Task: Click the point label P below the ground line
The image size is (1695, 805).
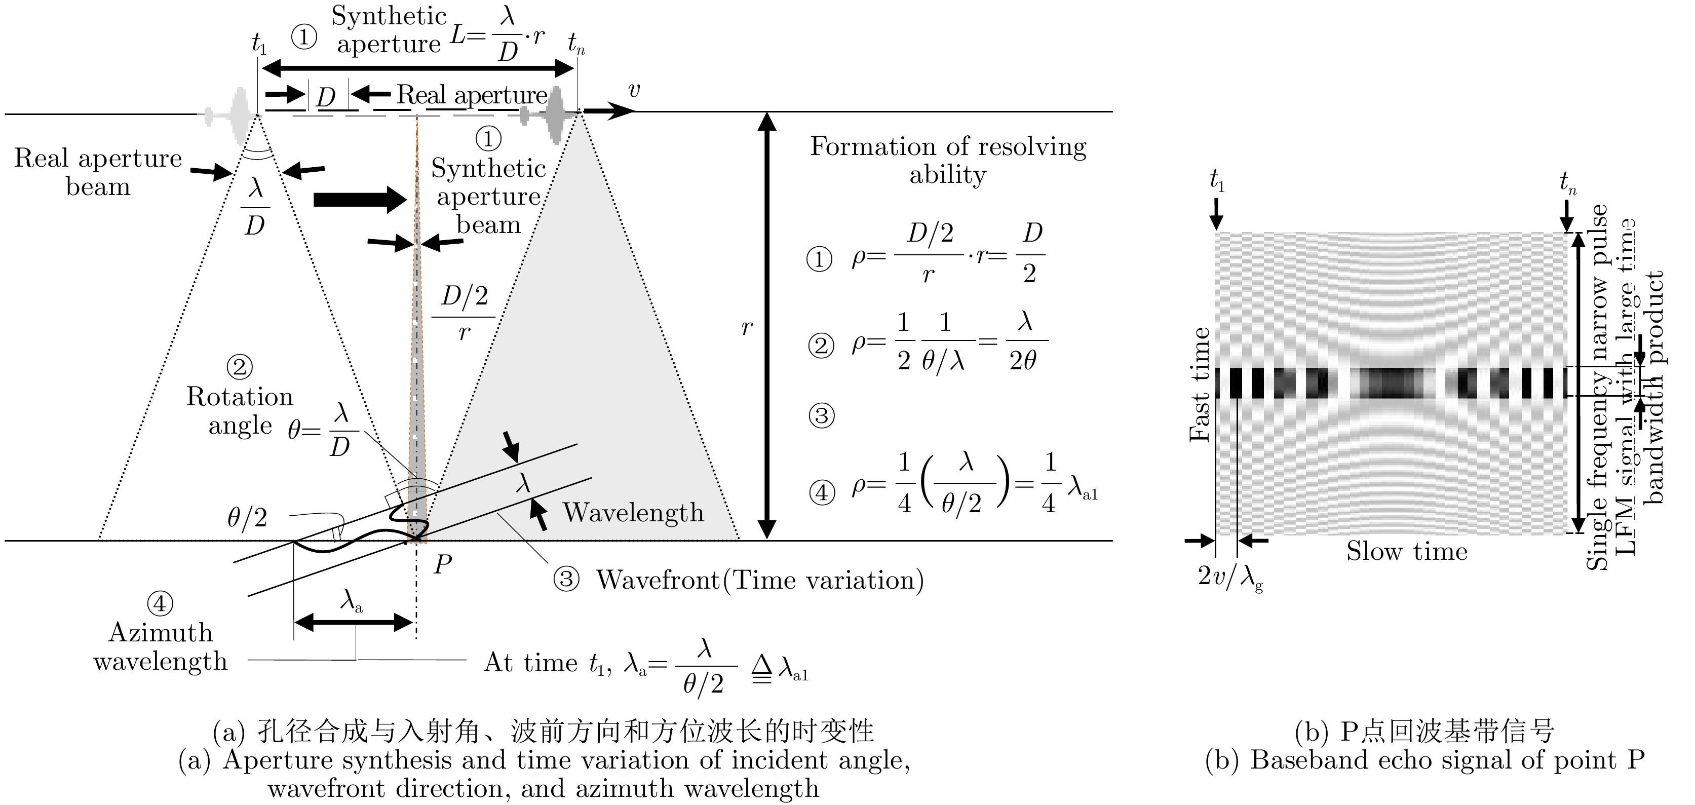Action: [443, 563]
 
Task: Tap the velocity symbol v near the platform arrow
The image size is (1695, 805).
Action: [634, 90]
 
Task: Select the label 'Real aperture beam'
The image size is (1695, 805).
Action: [98, 172]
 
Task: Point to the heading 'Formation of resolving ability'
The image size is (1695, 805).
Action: [947, 160]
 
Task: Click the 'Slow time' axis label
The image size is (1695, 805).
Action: [1407, 552]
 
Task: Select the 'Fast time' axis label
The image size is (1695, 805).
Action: [1200, 385]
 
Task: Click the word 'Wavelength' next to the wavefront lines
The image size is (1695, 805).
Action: [633, 513]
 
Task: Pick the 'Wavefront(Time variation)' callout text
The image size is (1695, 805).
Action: [759, 580]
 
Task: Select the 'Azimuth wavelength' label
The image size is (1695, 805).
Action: [160, 646]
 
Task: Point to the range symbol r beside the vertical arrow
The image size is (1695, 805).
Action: [747, 327]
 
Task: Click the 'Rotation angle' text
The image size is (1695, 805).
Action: [240, 411]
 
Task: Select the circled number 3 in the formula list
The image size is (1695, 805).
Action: [821, 416]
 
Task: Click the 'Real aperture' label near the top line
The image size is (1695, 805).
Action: [472, 95]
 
